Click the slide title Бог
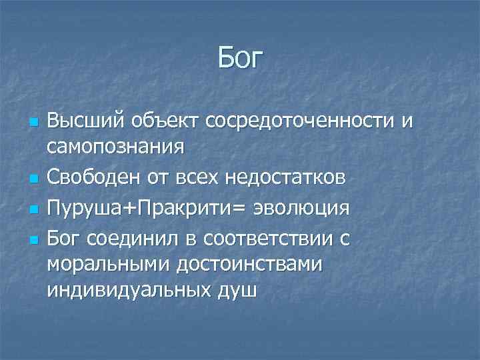[240, 57]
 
